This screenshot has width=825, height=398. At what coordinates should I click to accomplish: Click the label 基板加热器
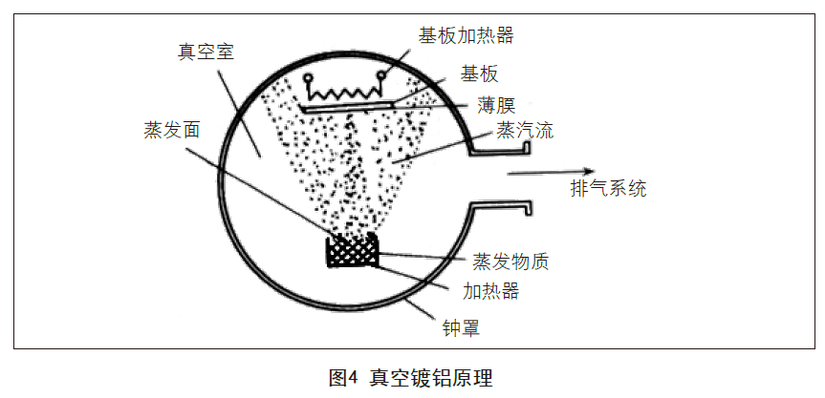466,36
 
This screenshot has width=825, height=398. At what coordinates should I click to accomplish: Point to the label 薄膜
497,103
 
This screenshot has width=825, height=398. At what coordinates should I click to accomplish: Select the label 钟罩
459,329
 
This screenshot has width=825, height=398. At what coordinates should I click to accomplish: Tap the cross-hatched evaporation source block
352,252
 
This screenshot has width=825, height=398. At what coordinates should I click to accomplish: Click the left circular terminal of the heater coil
307,78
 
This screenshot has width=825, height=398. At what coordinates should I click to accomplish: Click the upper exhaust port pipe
501,147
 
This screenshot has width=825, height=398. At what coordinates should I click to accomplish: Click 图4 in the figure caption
342,377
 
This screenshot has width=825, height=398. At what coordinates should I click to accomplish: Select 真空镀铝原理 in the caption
431,377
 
